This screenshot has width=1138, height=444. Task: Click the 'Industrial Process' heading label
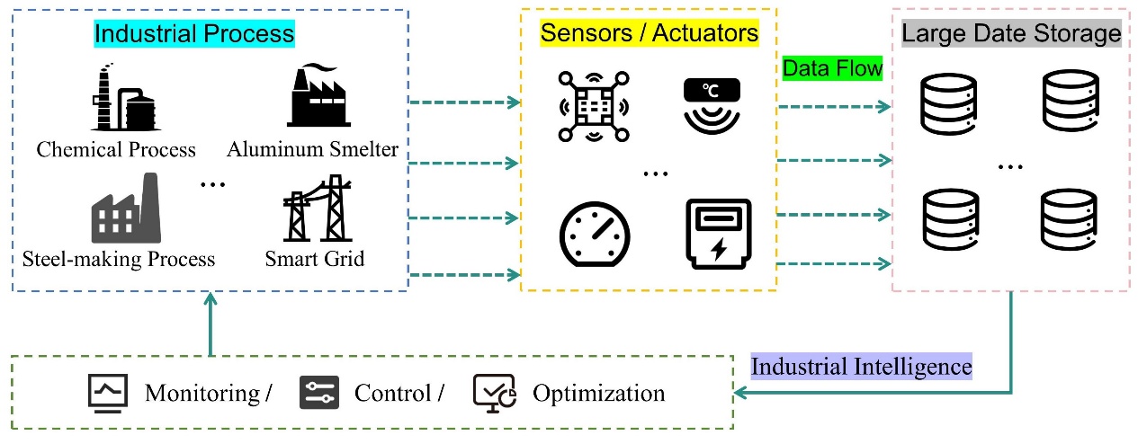point(194,34)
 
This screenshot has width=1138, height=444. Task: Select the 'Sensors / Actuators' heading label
point(650,34)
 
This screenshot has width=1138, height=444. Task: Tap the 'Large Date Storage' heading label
point(1011,34)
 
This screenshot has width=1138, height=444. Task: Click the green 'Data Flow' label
point(832,68)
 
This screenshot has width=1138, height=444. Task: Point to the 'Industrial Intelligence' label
point(861,367)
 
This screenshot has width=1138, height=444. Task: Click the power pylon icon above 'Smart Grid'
point(316,210)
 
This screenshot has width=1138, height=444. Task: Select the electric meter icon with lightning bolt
point(717,231)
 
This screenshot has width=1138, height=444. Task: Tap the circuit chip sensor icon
point(590,106)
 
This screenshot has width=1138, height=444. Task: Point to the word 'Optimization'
point(598,394)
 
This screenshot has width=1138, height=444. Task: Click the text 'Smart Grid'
point(315,260)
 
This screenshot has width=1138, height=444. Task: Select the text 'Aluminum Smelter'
point(312,148)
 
